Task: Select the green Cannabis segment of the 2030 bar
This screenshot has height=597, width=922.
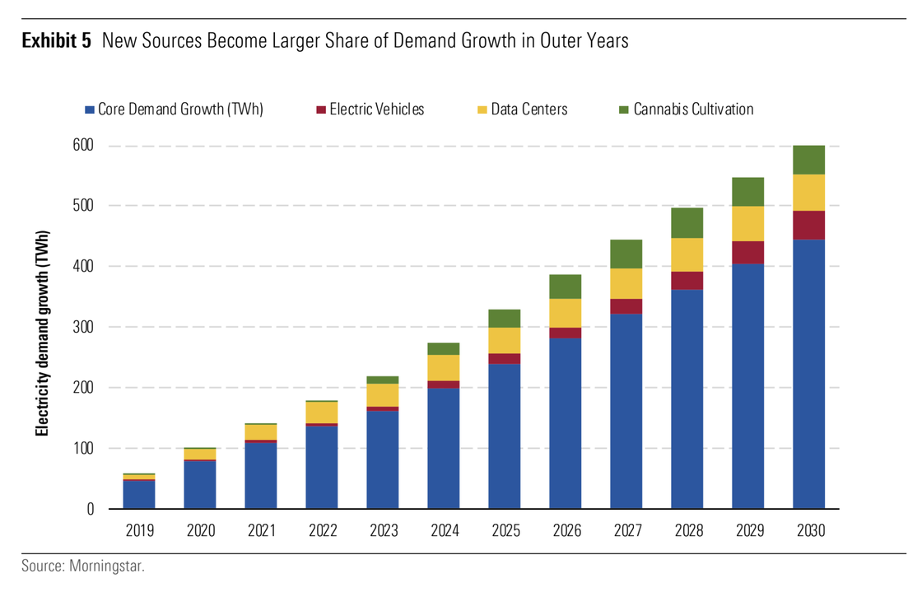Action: coord(808,160)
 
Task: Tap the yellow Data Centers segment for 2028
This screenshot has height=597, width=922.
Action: coord(687,254)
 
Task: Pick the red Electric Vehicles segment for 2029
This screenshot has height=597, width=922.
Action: coord(747,252)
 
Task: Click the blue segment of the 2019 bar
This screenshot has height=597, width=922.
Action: coord(138,494)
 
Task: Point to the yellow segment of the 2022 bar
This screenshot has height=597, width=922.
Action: coord(321,412)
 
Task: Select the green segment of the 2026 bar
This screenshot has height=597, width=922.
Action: coord(565,287)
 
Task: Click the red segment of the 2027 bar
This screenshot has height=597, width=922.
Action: coord(626,305)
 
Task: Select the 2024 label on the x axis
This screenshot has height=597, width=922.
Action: coord(443,531)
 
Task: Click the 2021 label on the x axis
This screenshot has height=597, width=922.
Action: coord(260,531)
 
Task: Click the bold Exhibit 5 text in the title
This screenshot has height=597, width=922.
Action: coord(56,41)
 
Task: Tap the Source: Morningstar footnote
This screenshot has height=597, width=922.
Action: coord(82,567)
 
